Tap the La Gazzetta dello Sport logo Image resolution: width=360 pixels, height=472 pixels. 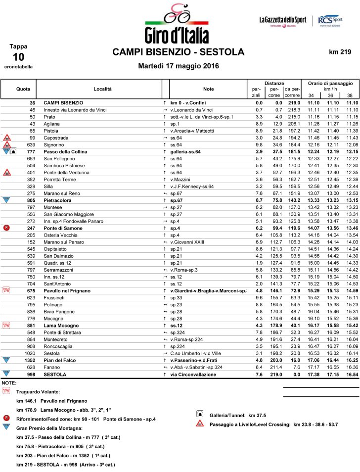click(x=283, y=21)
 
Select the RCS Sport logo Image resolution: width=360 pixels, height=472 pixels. click(x=331, y=21)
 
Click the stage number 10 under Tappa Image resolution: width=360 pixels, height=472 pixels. click(x=18, y=57)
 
